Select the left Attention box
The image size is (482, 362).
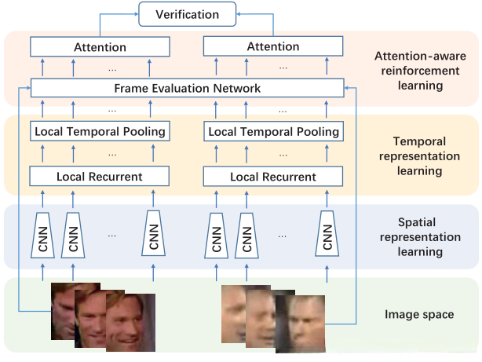100,46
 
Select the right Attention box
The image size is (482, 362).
273,46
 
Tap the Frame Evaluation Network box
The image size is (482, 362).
187,88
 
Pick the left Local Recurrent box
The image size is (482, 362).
100,176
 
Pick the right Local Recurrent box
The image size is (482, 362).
273,176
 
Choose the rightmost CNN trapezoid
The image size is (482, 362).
327,233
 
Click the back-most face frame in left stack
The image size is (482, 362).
63,305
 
